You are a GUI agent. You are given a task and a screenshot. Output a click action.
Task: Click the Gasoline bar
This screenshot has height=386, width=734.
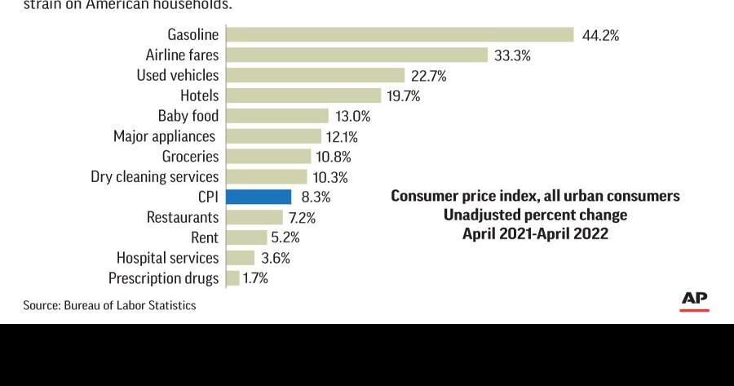[400, 34]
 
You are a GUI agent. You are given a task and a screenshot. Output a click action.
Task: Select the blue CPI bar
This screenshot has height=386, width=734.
[259, 197]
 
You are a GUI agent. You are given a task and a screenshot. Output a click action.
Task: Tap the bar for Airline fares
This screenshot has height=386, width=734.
[356, 55]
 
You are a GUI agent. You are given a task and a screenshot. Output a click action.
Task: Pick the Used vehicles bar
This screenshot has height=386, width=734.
[315, 75]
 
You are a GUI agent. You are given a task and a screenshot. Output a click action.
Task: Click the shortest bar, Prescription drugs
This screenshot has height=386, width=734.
[232, 278]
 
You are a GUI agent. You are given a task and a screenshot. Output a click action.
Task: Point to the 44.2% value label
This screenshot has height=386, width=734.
[600, 35]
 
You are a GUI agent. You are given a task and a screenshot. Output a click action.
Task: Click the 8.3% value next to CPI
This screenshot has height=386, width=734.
[316, 197]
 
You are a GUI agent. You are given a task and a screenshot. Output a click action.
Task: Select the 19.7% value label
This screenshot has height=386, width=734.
[403, 95]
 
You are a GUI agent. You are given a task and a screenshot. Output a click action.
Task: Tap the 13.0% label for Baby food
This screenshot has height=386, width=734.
[352, 116]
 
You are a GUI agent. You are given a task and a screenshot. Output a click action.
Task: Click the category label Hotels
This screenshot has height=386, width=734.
[199, 95]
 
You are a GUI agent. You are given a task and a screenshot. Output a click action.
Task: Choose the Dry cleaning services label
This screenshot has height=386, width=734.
[154, 176]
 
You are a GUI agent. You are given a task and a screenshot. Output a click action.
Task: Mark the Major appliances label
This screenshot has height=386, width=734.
[164, 136]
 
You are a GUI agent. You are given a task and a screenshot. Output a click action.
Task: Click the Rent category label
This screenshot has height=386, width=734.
[204, 237]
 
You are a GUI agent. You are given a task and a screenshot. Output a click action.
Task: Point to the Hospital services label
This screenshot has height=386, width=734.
[167, 258]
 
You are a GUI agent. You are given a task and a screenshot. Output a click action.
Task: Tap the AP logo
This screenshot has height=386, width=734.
[694, 299]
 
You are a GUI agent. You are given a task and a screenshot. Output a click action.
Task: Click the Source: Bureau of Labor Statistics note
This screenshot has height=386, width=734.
[109, 305]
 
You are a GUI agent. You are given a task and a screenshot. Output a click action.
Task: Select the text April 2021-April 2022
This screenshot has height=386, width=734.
[535, 233]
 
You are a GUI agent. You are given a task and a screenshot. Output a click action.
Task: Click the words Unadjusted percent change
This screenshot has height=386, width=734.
[535, 215]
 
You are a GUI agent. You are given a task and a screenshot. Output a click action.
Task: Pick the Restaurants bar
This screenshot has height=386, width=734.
[254, 217]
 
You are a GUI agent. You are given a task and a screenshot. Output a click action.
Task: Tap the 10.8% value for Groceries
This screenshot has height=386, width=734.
[334, 157]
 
